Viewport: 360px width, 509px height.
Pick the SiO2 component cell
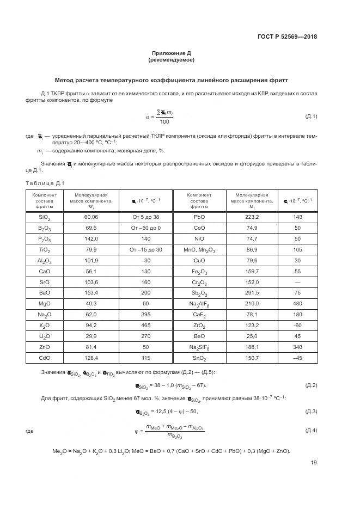click(45, 217)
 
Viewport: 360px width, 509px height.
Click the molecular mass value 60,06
click(91, 217)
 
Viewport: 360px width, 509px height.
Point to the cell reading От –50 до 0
click(145, 228)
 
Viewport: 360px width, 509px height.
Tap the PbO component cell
click(199, 217)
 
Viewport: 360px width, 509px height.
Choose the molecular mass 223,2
click(252, 217)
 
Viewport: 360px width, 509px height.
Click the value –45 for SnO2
click(297, 358)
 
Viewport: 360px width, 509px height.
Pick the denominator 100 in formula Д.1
click(164, 121)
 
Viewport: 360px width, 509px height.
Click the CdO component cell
click(45, 358)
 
